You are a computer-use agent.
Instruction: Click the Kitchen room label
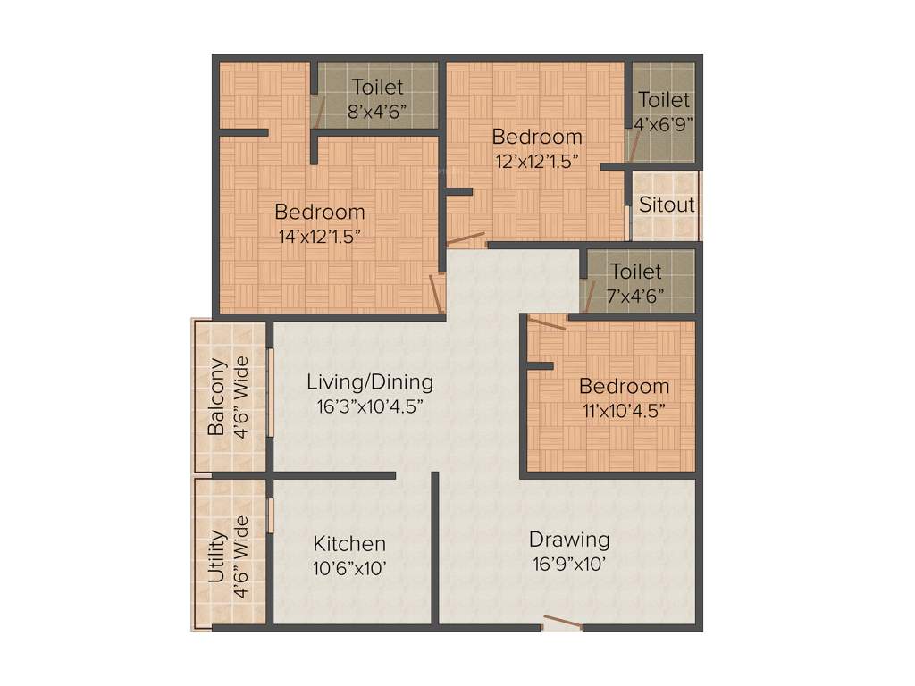coord(349,544)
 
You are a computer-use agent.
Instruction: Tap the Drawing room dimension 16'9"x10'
coord(569,565)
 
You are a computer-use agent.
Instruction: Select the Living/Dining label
coord(370,382)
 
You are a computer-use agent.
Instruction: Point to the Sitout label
coord(667,205)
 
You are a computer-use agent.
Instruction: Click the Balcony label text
coord(216,397)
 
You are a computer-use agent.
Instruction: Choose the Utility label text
coord(216,556)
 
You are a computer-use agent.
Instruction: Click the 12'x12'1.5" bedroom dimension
coord(537,162)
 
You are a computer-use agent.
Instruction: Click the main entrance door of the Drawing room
coord(562,624)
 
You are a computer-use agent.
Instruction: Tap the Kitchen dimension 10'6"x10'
coord(349,568)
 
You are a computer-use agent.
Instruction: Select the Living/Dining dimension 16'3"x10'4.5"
coord(370,406)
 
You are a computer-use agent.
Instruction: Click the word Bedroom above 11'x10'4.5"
coord(624,387)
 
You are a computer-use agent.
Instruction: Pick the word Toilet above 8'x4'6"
coord(377,88)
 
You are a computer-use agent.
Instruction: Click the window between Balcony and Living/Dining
coord(269,392)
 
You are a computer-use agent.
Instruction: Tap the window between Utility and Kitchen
coord(269,515)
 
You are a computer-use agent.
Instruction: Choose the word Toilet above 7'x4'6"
coord(636,271)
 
